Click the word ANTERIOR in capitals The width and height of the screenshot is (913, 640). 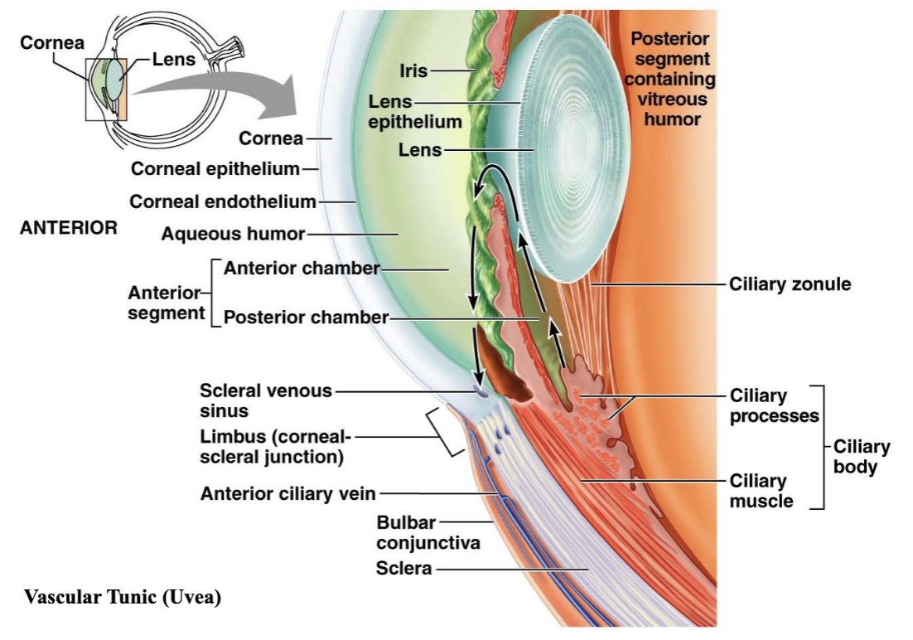click(x=69, y=227)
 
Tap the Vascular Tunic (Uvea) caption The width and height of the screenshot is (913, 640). click(x=123, y=597)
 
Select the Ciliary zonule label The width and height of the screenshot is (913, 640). click(x=790, y=284)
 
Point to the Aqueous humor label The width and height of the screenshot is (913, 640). click(x=233, y=234)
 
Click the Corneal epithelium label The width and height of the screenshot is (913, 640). click(x=215, y=169)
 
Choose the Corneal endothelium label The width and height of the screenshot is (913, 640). click(x=222, y=201)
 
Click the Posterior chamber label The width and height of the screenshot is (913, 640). click(x=307, y=317)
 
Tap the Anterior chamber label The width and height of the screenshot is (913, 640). click(x=302, y=268)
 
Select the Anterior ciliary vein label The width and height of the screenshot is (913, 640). click(x=287, y=494)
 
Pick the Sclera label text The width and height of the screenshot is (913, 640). click(x=403, y=568)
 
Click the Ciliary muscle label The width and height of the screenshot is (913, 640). click(x=761, y=491)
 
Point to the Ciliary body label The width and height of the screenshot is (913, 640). click(x=861, y=457)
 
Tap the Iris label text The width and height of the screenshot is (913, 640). click(x=413, y=71)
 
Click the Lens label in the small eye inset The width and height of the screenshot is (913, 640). click(x=173, y=59)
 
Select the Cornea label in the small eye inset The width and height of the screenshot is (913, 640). click(x=52, y=42)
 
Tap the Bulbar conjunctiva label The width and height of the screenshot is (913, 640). click(x=428, y=533)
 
